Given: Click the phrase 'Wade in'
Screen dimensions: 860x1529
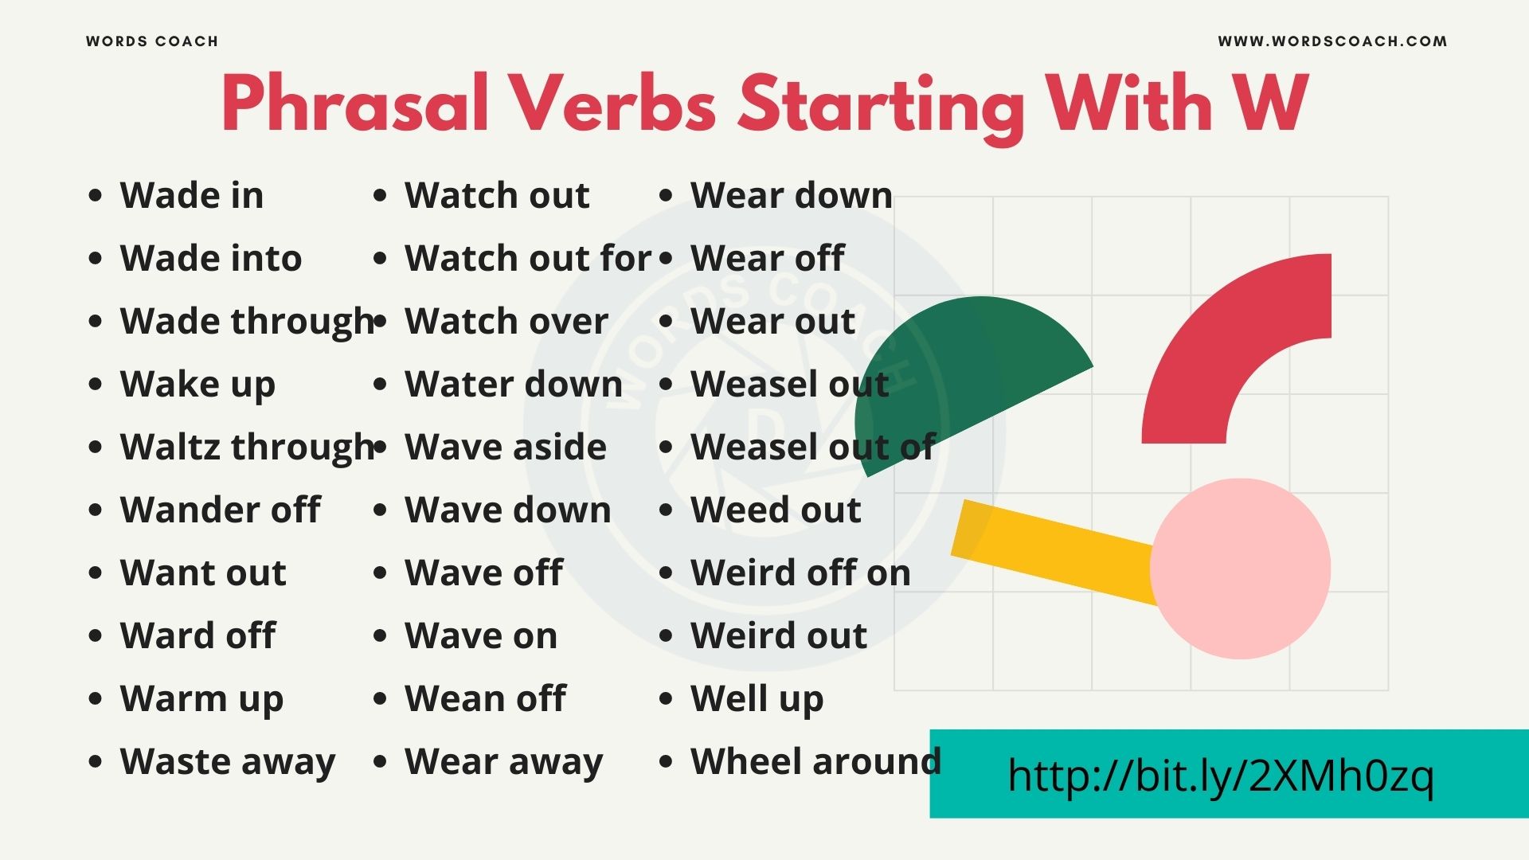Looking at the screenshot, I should (191, 196).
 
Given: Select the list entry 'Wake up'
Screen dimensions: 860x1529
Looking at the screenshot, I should (197, 385).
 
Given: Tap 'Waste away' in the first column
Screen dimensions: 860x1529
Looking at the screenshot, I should (228, 762).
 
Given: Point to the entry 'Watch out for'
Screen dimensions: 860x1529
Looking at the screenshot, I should (527, 259).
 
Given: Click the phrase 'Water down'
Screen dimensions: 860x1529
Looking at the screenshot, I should (514, 385).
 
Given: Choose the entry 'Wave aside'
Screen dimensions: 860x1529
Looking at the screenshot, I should (506, 448).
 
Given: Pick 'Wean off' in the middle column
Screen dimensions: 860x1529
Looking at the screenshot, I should (485, 699).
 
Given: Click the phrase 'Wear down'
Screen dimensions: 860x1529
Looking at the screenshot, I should (791, 196).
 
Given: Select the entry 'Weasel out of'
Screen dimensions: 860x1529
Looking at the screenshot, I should (812, 448).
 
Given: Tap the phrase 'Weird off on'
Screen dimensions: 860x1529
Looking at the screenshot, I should (800, 573).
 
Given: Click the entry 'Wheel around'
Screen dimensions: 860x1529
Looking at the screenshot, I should (815, 762).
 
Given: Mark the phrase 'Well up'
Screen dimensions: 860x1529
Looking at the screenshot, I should (757, 699).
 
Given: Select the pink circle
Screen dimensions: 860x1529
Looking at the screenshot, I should (1241, 569).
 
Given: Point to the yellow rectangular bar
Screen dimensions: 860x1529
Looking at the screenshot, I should (1051, 549).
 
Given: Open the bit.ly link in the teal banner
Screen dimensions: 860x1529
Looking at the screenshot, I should (1220, 776).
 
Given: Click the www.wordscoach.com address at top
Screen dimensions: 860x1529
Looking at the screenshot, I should (1332, 41).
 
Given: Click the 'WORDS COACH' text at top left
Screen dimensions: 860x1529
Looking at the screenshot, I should (152, 41).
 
